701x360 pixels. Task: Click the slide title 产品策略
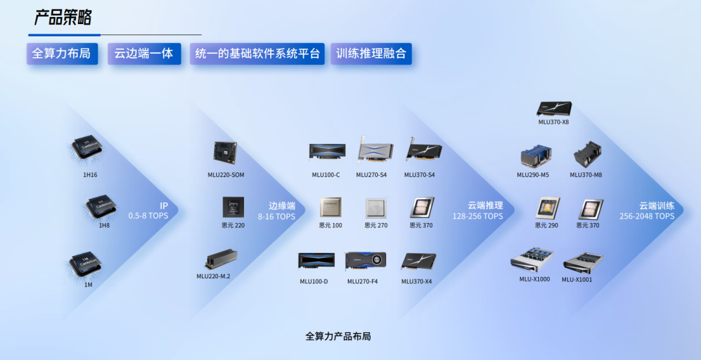[x=63, y=18]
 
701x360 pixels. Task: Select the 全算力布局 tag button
[x=62, y=54]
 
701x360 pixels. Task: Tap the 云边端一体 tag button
[x=144, y=54]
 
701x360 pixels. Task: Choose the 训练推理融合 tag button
[x=371, y=54]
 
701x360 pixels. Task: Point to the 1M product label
[x=88, y=285]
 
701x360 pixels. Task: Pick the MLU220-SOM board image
[x=225, y=152]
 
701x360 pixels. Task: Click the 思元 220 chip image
[x=234, y=208]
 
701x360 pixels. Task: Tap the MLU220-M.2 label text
[x=214, y=276]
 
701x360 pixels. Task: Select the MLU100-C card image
[x=326, y=152]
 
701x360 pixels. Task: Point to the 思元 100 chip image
[x=330, y=208]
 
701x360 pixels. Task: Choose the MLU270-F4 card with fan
[x=365, y=261]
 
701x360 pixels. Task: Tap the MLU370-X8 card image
[x=554, y=109]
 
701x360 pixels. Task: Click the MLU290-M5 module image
[x=535, y=157]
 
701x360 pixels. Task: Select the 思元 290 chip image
[x=548, y=208]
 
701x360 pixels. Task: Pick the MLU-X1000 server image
[x=532, y=260]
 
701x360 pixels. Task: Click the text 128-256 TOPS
[x=478, y=216]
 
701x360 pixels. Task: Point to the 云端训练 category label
[x=656, y=206]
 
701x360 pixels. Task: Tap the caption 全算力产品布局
[x=338, y=336]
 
